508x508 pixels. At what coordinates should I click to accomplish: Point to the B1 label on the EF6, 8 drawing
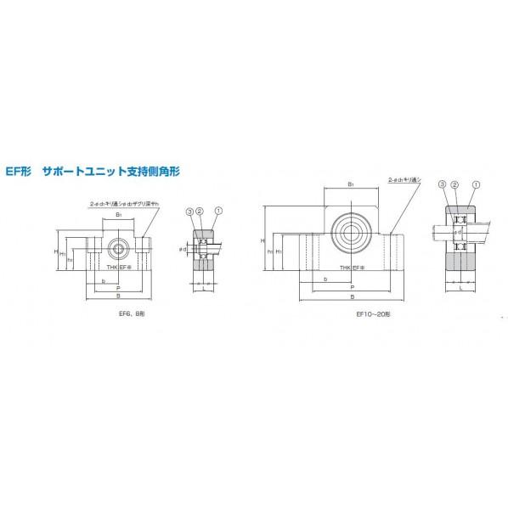coord(118,217)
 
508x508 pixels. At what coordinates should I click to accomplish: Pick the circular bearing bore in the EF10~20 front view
coord(350,227)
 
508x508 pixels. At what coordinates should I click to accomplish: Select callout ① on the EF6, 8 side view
coord(218,211)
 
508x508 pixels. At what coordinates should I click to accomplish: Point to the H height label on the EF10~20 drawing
coord(263,241)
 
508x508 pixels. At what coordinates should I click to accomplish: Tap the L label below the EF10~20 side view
coord(460,289)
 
